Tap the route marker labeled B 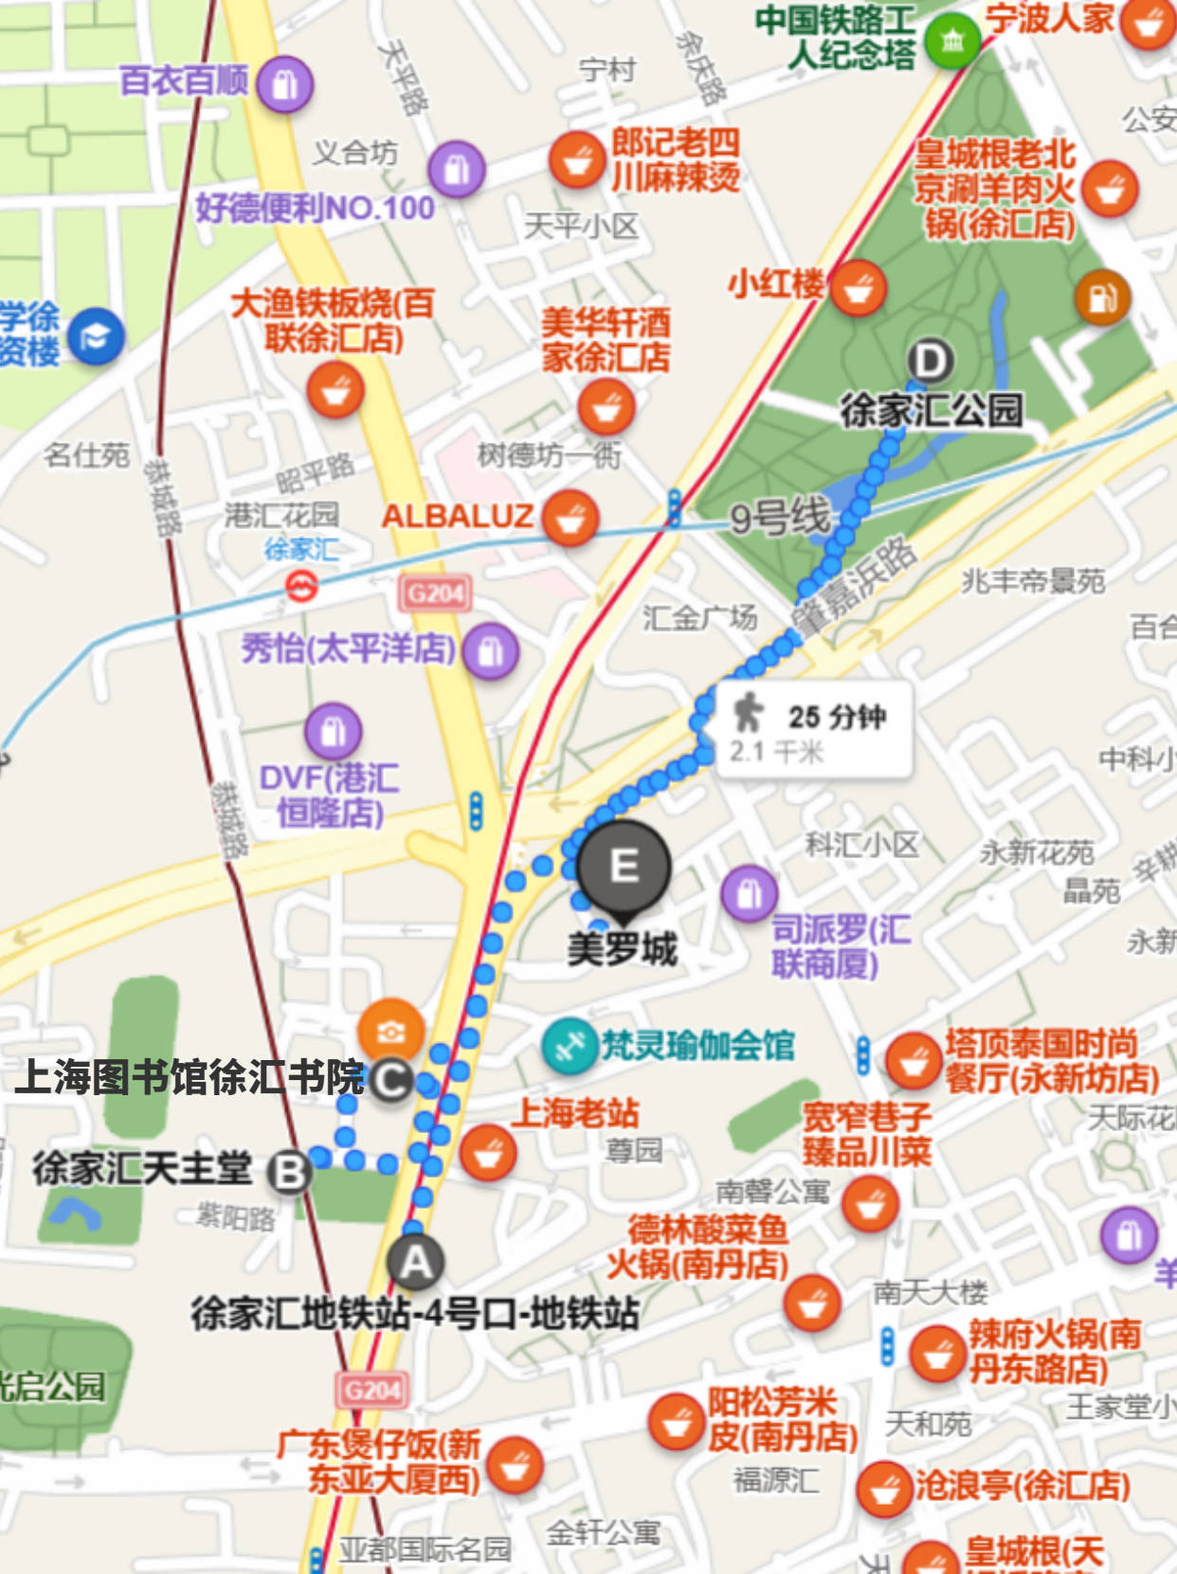pyautogui.click(x=289, y=1172)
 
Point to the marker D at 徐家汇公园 pyautogui.click(x=931, y=361)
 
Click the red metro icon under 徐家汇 pyautogui.click(x=301, y=589)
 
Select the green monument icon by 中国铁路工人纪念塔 pyautogui.click(x=951, y=40)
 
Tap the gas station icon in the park pyautogui.click(x=1102, y=298)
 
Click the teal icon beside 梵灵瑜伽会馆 pyautogui.click(x=569, y=1047)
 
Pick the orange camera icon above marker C pyautogui.click(x=390, y=1031)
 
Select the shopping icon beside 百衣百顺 pyautogui.click(x=284, y=84)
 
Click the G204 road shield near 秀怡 pyautogui.click(x=435, y=595)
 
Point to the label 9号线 pyautogui.click(x=779, y=518)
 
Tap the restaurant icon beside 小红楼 pyautogui.click(x=859, y=287)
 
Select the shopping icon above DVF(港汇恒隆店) pyautogui.click(x=333, y=731)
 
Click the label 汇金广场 pyautogui.click(x=699, y=618)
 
